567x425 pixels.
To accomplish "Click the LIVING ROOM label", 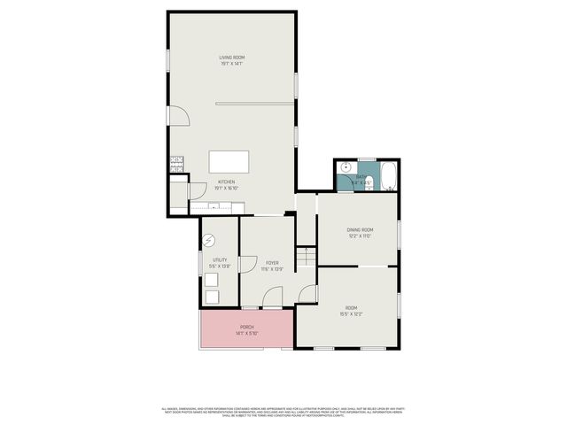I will pyautogui.click(x=231, y=58).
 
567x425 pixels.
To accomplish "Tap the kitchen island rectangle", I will pyautogui.click(x=229, y=162).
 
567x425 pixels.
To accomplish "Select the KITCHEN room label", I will pyautogui.click(x=227, y=182).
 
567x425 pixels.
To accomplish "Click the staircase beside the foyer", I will pyautogui.click(x=306, y=256).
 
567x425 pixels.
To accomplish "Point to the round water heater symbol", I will pyautogui.click(x=210, y=240).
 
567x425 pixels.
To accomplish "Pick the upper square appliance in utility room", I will pyautogui.click(x=213, y=280).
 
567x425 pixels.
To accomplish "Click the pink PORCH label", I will pyautogui.click(x=246, y=327).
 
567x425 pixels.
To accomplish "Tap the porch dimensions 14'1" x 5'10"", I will pyautogui.click(x=246, y=333).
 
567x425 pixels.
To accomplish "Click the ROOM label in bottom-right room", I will pyautogui.click(x=352, y=308).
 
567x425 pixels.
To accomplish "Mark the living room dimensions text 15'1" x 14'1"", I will pyautogui.click(x=231, y=64).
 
